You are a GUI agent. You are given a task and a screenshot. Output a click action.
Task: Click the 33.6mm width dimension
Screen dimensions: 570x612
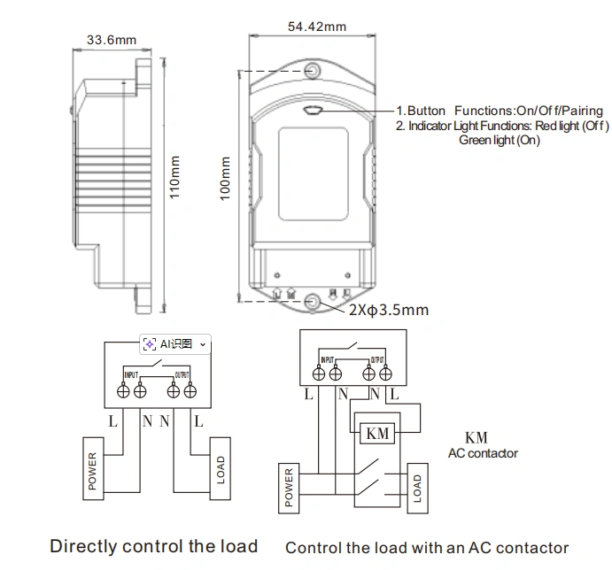coord(112,40)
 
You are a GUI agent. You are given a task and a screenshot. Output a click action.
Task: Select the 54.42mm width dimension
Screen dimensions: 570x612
coord(316,27)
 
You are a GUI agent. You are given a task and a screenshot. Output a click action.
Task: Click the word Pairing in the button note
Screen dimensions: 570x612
coord(578,111)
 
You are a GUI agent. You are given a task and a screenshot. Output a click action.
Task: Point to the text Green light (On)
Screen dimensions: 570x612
coord(499,140)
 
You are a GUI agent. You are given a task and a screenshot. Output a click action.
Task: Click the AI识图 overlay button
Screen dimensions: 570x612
coord(175,343)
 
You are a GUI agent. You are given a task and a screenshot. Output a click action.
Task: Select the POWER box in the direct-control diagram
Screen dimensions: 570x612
coord(94,466)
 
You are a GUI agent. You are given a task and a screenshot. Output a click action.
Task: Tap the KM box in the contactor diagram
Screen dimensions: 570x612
coord(377,433)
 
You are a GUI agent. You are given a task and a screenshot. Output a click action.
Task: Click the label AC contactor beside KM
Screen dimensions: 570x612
coord(483,453)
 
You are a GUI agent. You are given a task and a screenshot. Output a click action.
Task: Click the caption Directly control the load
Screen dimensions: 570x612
coord(153,546)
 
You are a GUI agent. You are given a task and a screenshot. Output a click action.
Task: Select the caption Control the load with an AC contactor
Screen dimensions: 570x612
coord(427,548)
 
